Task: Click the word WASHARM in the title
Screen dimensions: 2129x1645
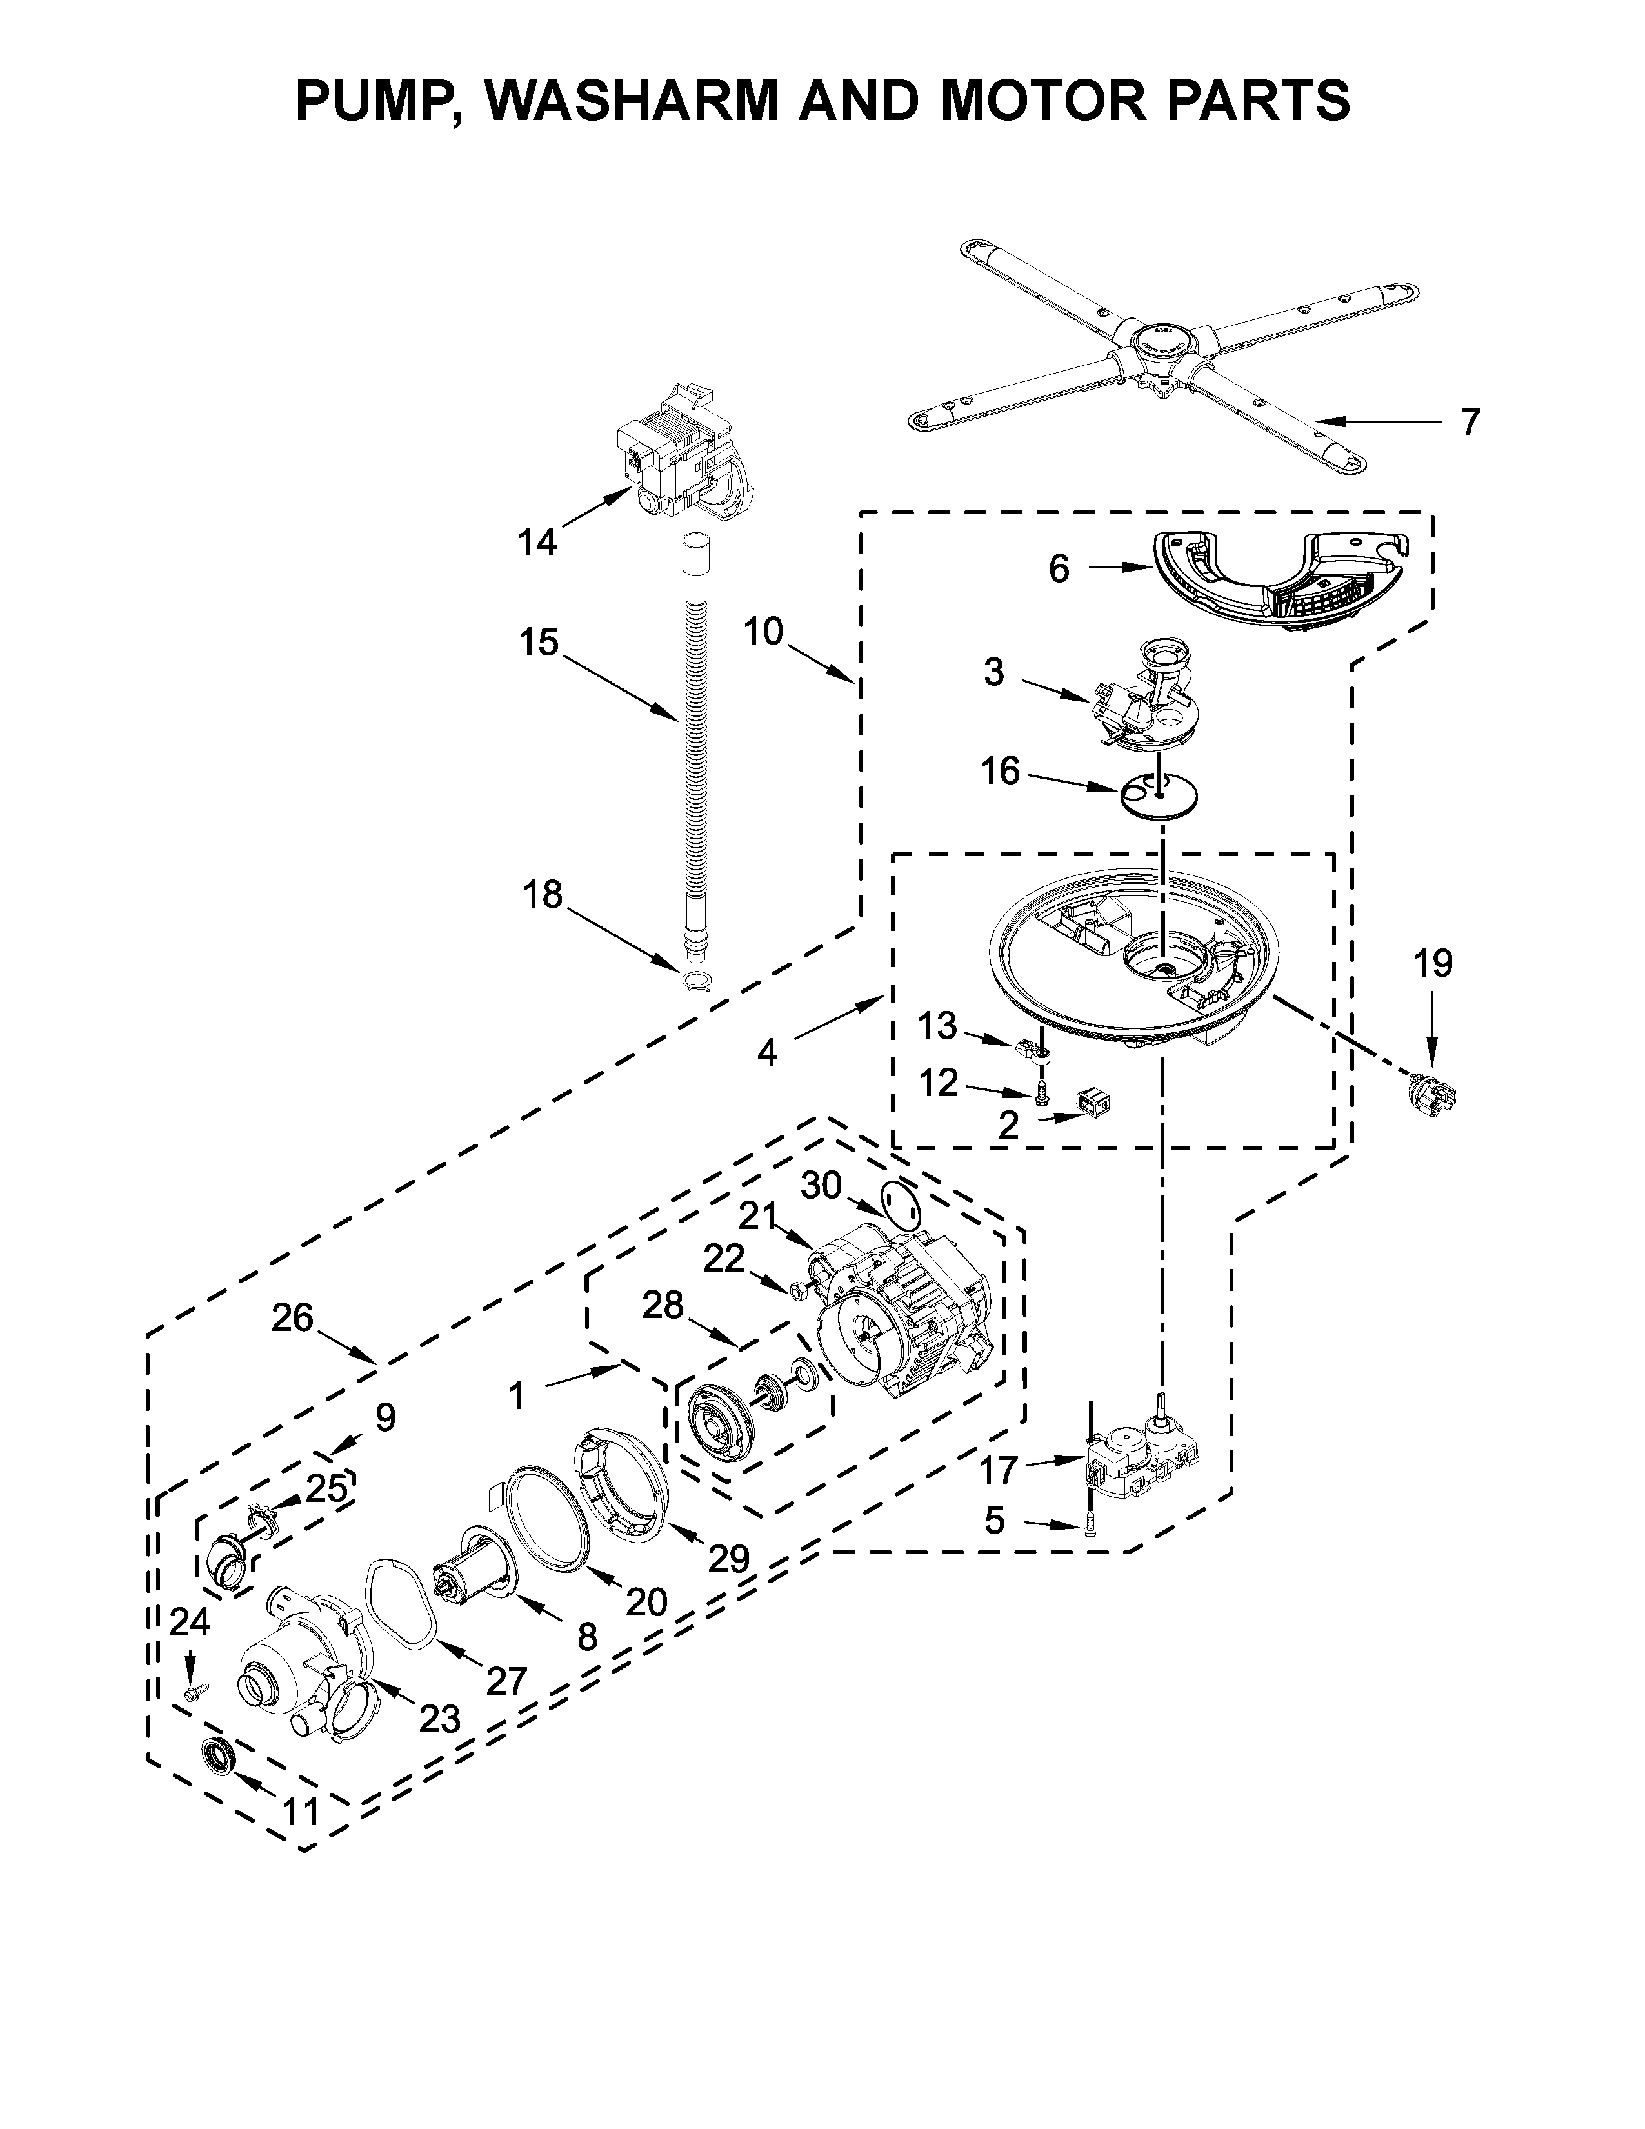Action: point(633,99)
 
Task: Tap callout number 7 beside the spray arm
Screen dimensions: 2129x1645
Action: point(1470,421)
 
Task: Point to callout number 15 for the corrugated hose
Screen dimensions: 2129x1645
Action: point(538,643)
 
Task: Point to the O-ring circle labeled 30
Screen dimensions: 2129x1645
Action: point(899,1207)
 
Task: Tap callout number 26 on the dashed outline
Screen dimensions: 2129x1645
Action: point(292,1318)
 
